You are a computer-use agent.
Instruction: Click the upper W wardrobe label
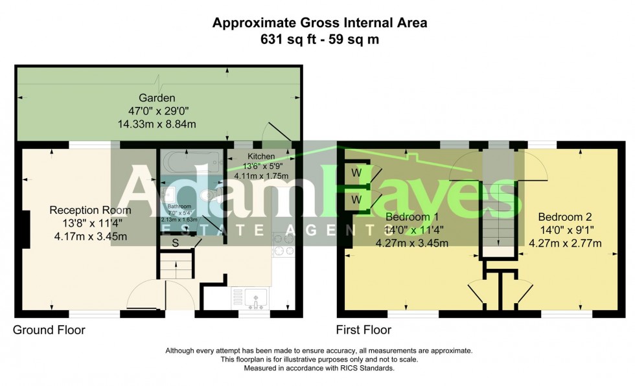pyautogui.click(x=356, y=173)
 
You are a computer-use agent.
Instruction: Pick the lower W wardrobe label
pyautogui.click(x=356, y=200)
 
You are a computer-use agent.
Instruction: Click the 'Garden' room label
pyautogui.click(x=157, y=98)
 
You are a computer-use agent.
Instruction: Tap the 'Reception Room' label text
pyautogui.click(x=90, y=210)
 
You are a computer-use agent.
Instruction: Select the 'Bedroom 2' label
pyautogui.click(x=565, y=217)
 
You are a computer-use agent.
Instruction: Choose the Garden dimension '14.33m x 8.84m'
pyautogui.click(x=157, y=124)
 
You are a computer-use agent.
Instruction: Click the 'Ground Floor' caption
pyautogui.click(x=49, y=330)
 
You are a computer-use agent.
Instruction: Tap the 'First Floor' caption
pyautogui.click(x=364, y=330)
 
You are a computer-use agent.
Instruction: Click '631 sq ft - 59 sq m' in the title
pyautogui.click(x=320, y=39)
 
